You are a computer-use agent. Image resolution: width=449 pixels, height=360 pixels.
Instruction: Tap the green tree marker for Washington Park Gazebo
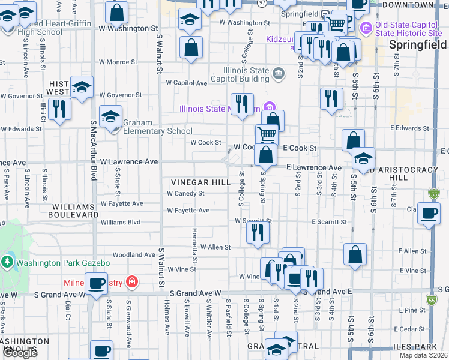[7, 262]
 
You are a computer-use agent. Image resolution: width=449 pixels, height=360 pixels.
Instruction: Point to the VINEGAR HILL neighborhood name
[200, 182]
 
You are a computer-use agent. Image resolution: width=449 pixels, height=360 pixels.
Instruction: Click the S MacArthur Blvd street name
[94, 150]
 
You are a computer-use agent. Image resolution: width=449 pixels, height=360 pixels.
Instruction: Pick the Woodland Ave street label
[134, 255]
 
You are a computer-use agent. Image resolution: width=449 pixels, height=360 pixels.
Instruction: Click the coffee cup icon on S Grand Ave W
[96, 283]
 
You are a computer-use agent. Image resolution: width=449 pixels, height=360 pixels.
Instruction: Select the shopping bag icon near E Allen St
[355, 253]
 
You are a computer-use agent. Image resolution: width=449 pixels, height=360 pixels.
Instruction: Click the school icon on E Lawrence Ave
[363, 158]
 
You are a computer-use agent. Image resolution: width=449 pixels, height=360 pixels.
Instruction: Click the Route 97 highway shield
[262, 3]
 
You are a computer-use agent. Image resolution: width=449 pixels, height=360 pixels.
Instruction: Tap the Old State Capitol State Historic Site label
[408, 28]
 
